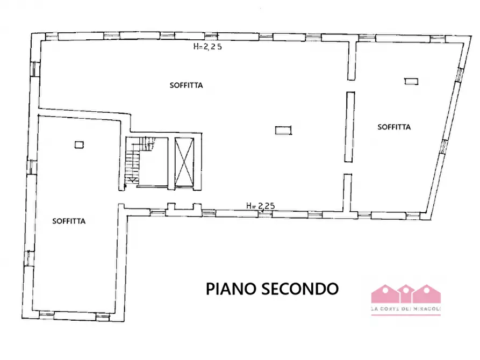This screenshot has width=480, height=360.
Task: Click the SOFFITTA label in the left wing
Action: (x=69, y=220)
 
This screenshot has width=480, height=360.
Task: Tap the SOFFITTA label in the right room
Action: (x=394, y=127)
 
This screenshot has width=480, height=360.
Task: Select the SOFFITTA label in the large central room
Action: (x=186, y=85)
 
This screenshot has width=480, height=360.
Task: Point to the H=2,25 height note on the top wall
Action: (x=207, y=46)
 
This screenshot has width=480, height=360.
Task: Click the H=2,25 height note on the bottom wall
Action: (x=260, y=205)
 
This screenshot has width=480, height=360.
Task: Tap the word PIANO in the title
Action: (x=232, y=289)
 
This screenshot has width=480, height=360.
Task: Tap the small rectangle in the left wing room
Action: (x=80, y=144)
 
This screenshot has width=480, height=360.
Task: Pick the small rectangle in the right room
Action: (x=411, y=81)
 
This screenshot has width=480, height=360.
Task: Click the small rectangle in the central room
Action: (x=282, y=129)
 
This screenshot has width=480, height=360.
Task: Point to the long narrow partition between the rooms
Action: (x=350, y=127)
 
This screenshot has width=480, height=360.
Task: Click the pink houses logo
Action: (x=406, y=294)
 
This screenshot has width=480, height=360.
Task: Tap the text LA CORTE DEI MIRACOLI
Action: (x=406, y=309)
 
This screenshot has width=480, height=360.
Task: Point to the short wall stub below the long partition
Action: (x=347, y=191)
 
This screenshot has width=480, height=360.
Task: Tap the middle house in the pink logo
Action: (x=406, y=293)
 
